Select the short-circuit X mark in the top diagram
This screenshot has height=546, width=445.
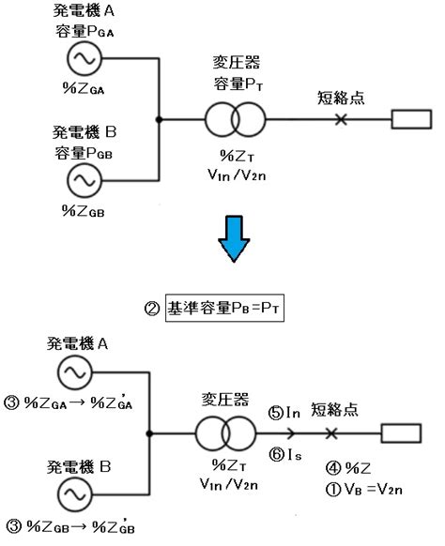(341, 119)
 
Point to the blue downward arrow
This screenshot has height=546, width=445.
(234, 239)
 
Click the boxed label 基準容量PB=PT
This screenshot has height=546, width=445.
(224, 308)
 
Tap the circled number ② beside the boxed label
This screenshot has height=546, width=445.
(152, 309)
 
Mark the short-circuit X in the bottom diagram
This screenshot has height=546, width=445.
(331, 433)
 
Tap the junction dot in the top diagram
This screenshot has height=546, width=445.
(159, 119)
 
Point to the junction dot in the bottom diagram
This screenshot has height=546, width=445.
(149, 433)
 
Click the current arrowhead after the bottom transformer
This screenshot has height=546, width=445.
(291, 433)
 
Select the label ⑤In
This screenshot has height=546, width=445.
(284, 413)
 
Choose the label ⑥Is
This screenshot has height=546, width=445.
(285, 454)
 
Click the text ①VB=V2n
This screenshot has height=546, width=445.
(364, 490)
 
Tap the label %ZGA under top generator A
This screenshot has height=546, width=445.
(84, 88)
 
